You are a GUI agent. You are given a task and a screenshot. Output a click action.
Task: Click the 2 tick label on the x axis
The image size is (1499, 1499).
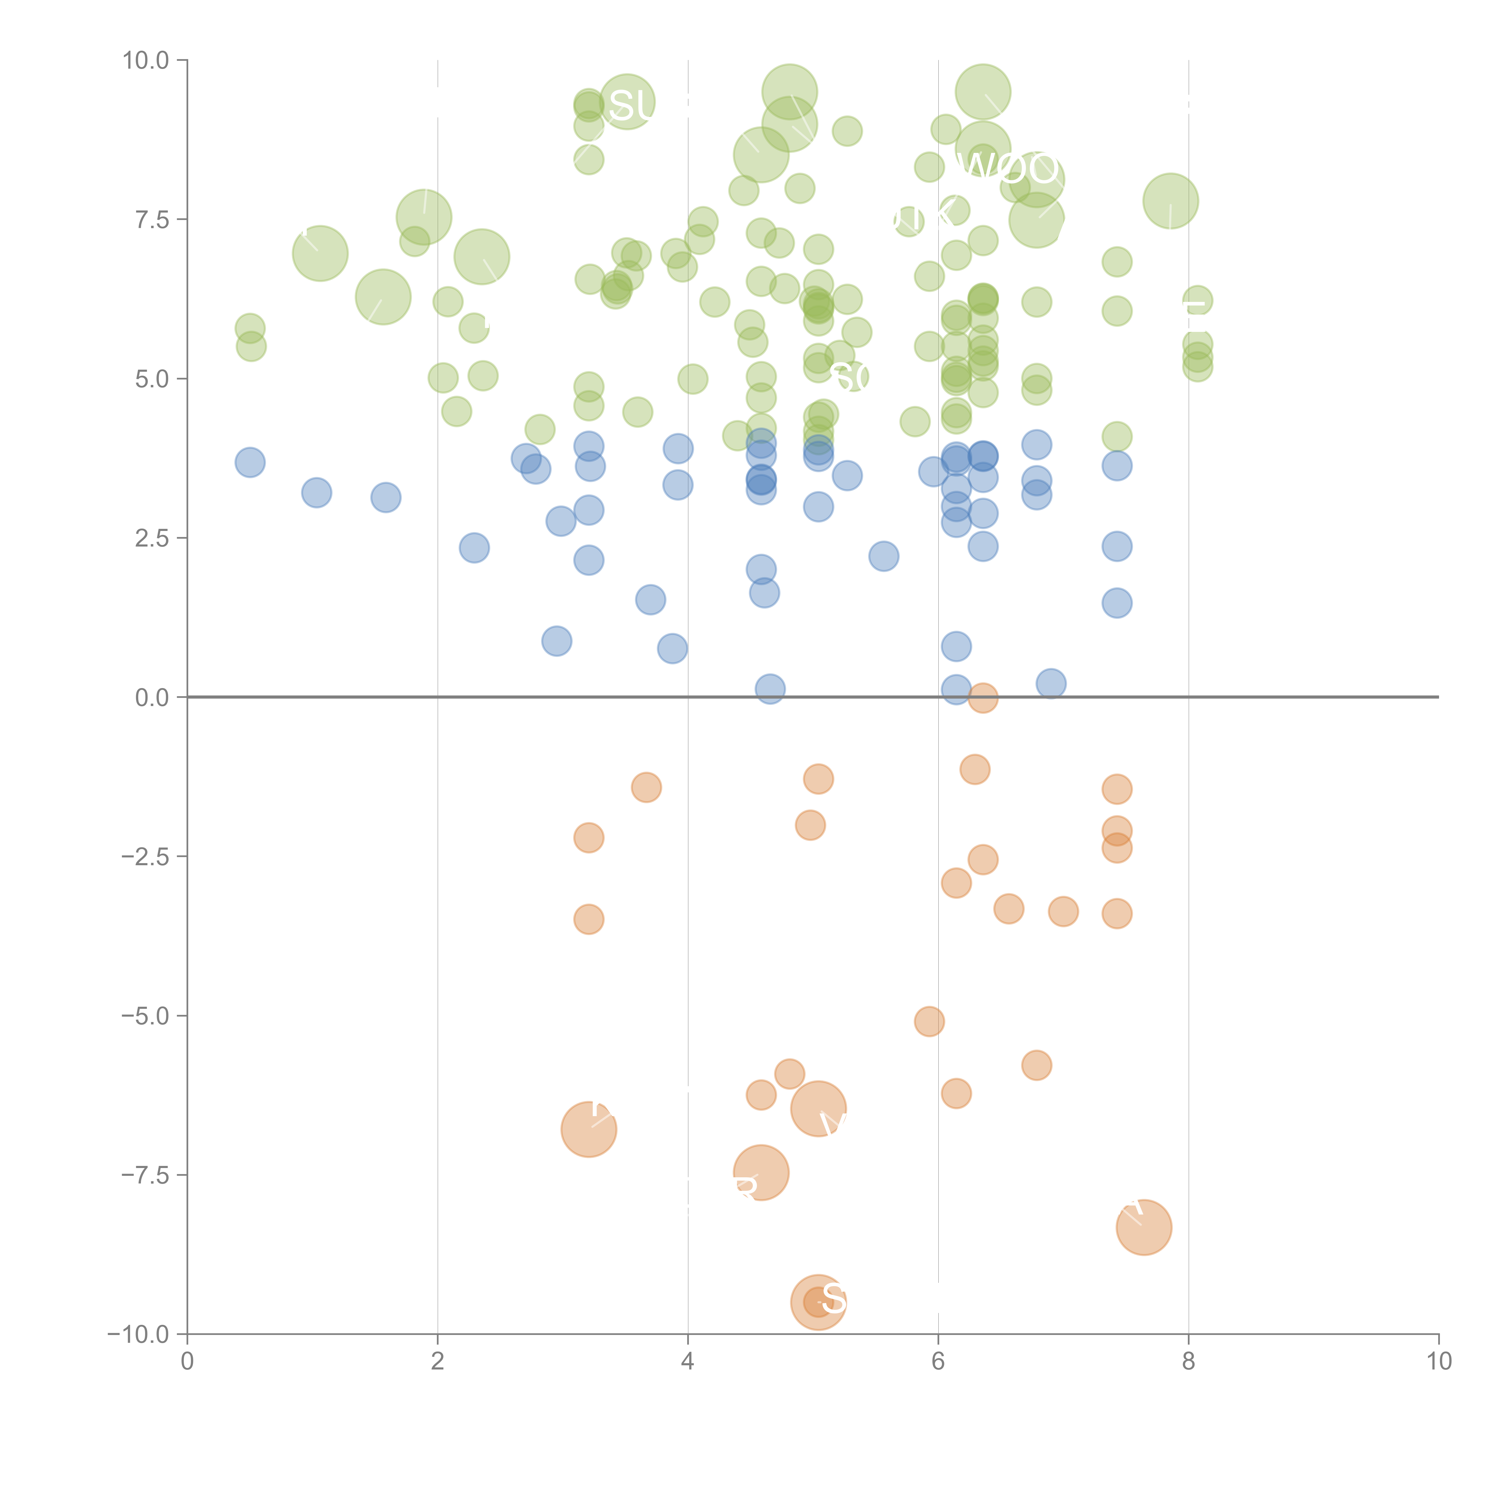point(438,1362)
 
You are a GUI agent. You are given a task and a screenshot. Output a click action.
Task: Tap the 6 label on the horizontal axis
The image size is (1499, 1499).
point(938,1362)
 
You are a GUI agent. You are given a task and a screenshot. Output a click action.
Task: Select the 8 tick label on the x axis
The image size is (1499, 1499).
point(1189,1362)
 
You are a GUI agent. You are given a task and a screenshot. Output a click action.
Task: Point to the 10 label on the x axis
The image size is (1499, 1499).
point(1438,1362)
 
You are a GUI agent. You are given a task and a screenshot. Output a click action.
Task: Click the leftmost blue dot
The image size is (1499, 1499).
point(250,462)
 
